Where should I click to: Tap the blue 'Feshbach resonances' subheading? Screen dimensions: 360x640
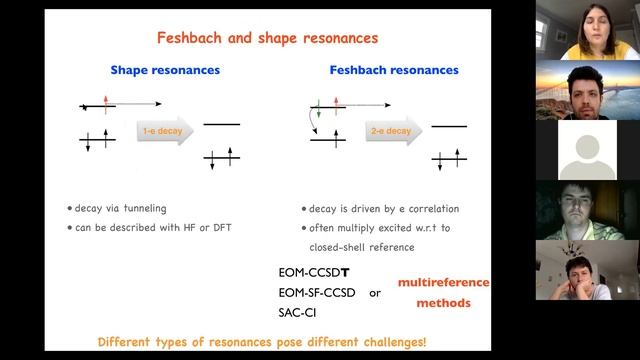(x=394, y=71)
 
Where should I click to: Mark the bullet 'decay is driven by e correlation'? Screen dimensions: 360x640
(x=379, y=208)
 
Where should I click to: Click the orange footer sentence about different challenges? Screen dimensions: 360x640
(x=262, y=342)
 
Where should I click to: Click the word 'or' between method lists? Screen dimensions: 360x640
(x=375, y=293)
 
